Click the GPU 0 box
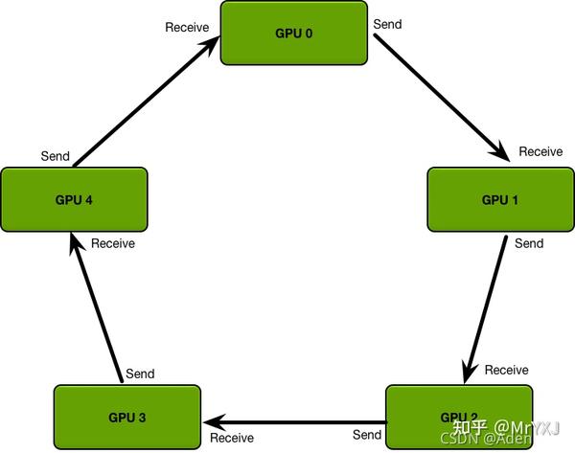point(293,34)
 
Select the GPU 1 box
point(499,199)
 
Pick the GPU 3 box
point(126,417)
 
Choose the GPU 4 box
point(74,199)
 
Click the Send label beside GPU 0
point(387,24)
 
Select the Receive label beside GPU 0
point(187,27)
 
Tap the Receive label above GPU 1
point(540,151)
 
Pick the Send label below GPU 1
point(529,243)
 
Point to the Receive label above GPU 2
point(506,370)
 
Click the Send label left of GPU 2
point(367,435)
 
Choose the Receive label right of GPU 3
point(232,438)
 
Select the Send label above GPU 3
point(140,374)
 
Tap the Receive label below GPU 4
point(113,243)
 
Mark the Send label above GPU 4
point(55,155)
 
